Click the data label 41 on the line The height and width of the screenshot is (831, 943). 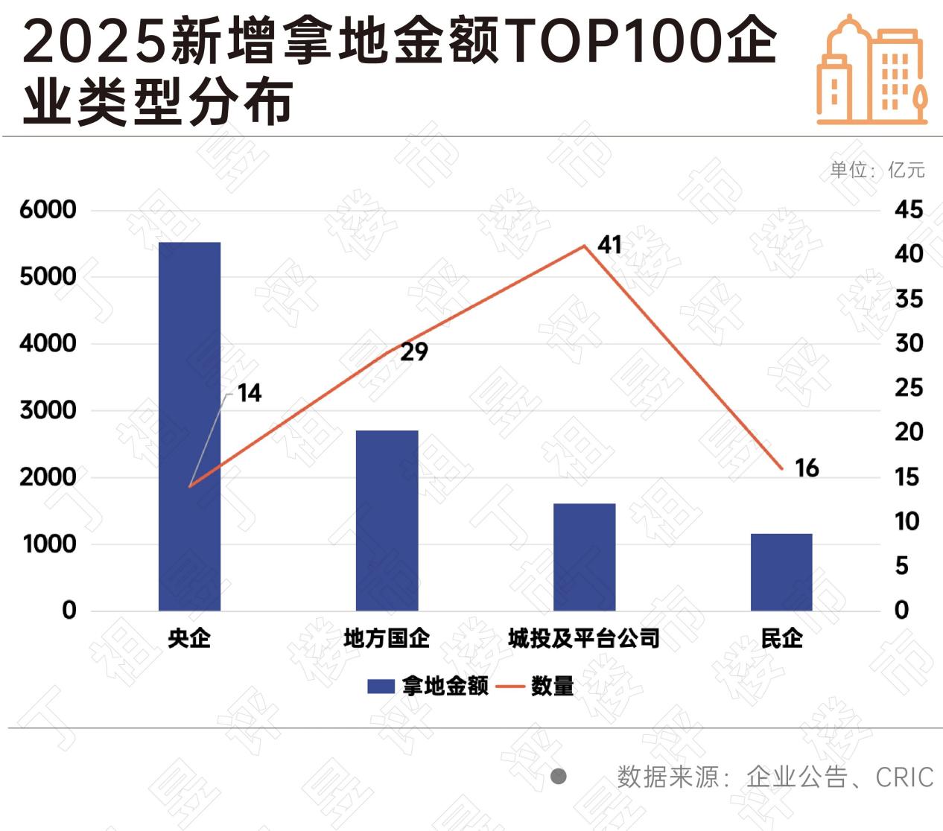(x=609, y=244)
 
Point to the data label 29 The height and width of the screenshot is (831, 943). (x=414, y=351)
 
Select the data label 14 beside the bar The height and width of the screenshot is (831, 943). (x=250, y=392)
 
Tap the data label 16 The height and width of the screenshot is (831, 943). (x=807, y=468)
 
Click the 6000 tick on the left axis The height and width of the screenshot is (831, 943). (x=48, y=209)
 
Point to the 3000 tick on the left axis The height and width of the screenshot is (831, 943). (x=48, y=410)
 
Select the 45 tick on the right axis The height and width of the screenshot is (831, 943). (x=908, y=209)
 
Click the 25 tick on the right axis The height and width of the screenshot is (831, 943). (x=908, y=387)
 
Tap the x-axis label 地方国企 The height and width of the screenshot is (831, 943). (x=387, y=638)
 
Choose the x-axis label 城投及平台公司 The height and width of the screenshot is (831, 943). (x=584, y=638)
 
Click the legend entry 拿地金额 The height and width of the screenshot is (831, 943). (x=428, y=686)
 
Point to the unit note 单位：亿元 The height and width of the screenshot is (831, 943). (x=877, y=170)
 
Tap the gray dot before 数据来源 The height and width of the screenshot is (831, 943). (x=559, y=777)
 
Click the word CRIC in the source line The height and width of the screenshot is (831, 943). (x=904, y=777)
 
